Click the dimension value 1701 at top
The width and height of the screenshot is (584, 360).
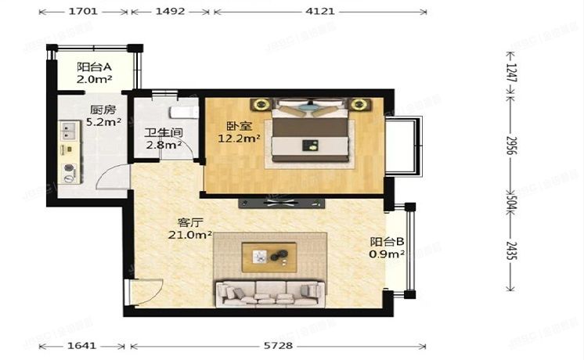point(82,12)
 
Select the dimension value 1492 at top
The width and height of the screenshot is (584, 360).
point(169,12)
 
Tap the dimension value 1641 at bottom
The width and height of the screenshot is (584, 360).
point(82,345)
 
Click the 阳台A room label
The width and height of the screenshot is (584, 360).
point(93,67)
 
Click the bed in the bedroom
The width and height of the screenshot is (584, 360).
point(310,134)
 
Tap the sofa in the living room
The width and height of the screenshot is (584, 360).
point(269,293)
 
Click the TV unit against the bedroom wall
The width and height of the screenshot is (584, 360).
point(279,203)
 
